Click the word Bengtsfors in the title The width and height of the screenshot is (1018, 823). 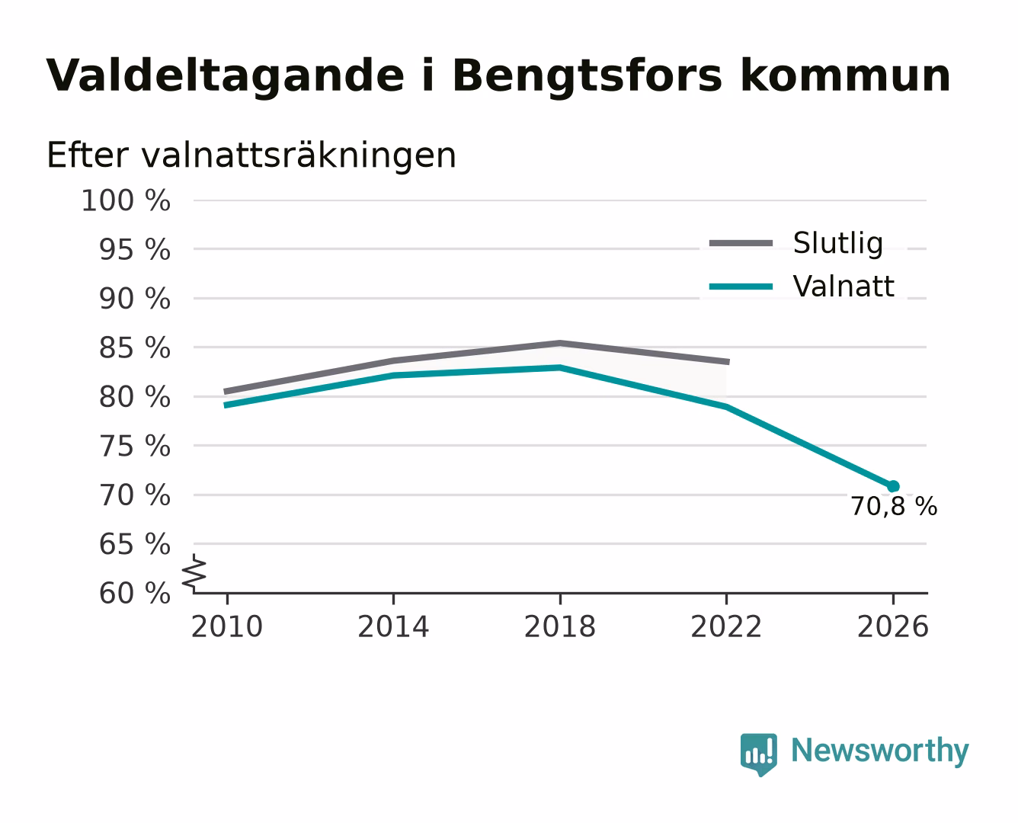(x=587, y=76)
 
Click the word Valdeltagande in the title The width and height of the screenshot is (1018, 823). (x=226, y=76)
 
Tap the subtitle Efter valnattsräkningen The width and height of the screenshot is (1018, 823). (x=251, y=155)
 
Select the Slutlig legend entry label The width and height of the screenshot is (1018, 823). (x=838, y=243)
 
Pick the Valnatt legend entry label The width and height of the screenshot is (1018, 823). (x=844, y=287)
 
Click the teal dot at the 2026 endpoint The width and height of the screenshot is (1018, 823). (x=893, y=486)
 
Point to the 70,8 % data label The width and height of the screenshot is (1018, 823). (x=895, y=507)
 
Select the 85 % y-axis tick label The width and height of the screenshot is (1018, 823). (x=135, y=347)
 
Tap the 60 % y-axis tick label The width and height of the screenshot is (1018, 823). (x=135, y=594)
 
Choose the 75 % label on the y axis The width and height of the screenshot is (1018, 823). (x=135, y=447)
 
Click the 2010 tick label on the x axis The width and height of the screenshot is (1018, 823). (x=227, y=627)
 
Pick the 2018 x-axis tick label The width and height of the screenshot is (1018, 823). (x=559, y=627)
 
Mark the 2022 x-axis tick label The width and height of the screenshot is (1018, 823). (x=726, y=627)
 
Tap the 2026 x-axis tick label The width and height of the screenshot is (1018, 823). (x=892, y=627)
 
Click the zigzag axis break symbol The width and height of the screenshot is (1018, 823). (x=194, y=573)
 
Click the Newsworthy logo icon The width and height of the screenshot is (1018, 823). (x=759, y=754)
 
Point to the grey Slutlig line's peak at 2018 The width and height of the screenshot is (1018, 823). (x=559, y=343)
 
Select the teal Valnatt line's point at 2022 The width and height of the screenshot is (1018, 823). (x=726, y=407)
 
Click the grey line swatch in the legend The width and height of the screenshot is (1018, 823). (x=741, y=243)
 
